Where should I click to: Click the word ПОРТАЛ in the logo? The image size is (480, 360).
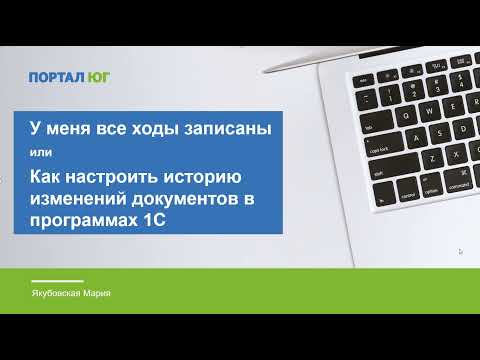pyautogui.click(x=52, y=75)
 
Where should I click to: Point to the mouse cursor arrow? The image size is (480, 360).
pyautogui.click(x=461, y=252)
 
